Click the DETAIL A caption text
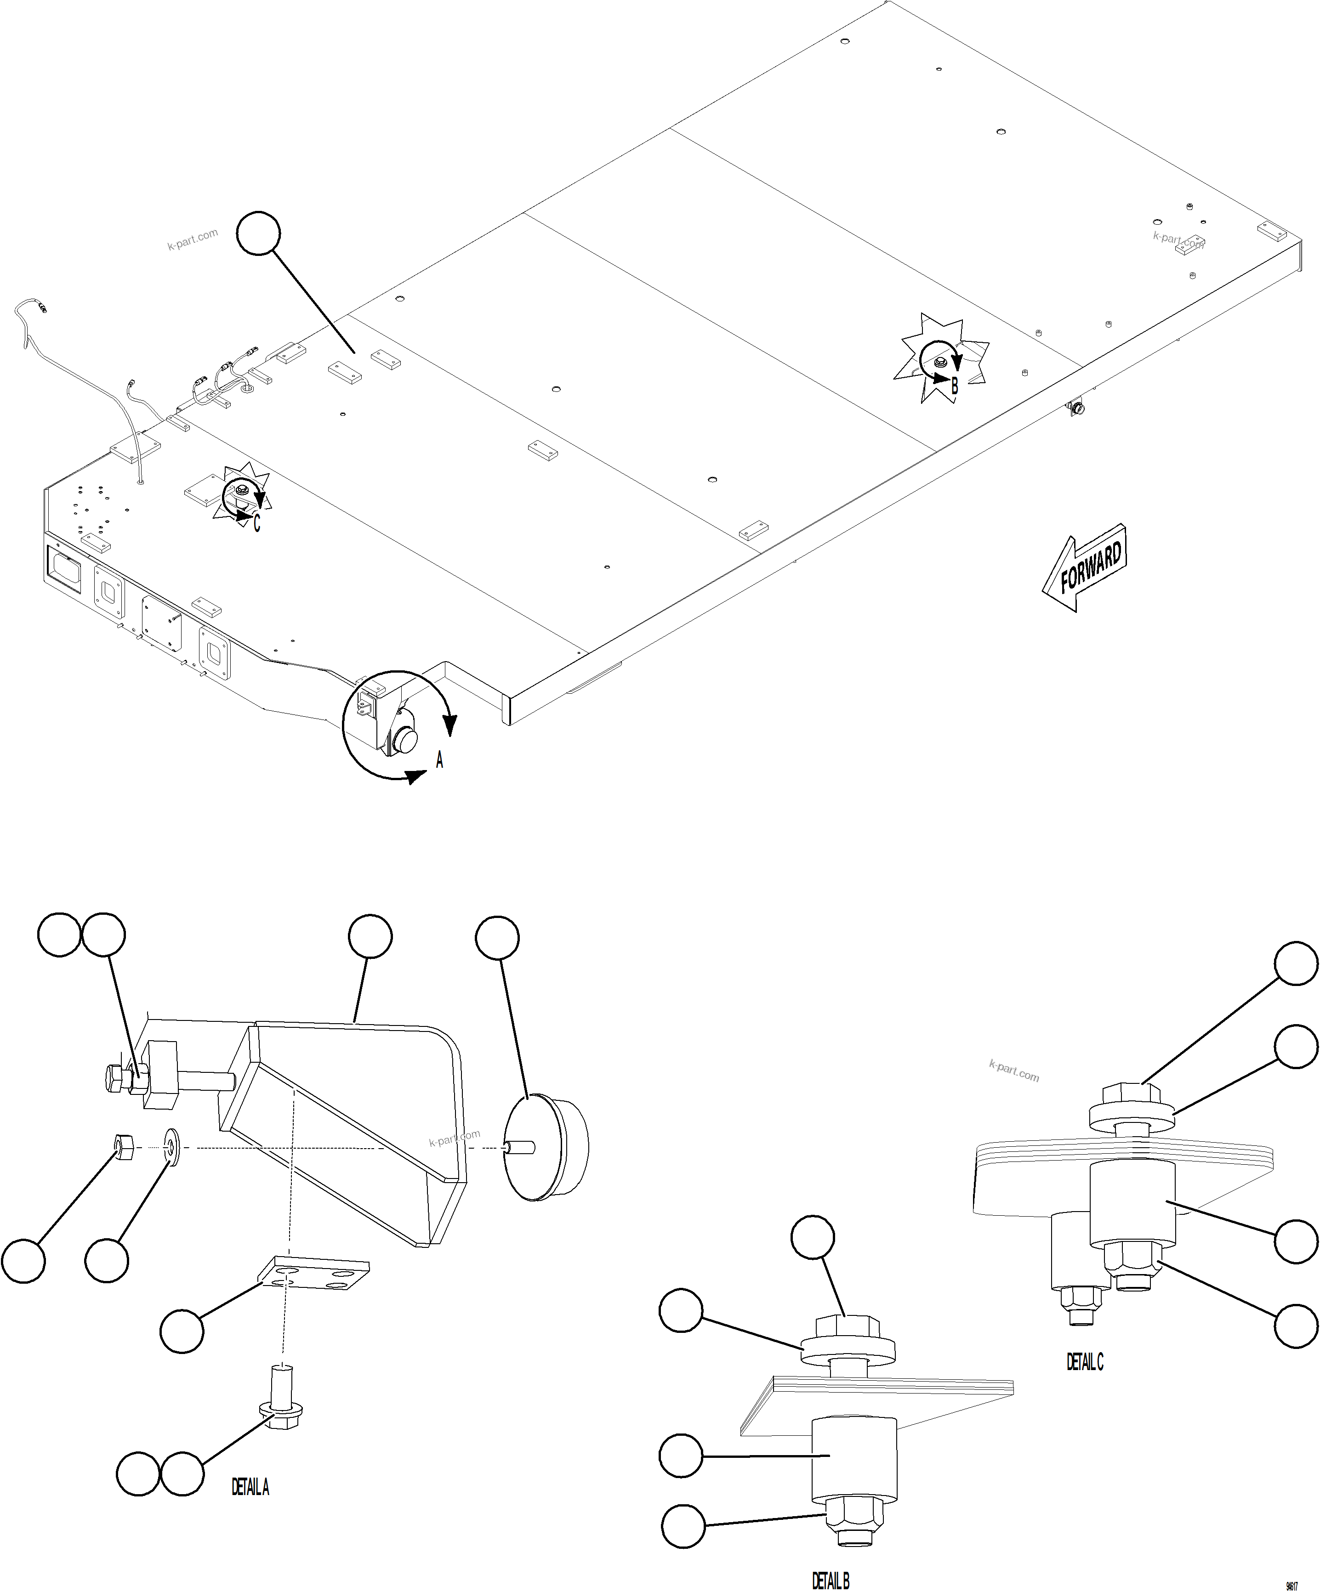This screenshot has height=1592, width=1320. (x=250, y=1487)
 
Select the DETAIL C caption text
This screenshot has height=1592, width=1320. (x=1085, y=1362)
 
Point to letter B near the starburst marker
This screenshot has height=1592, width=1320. (x=955, y=386)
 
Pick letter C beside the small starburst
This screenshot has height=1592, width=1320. (x=257, y=523)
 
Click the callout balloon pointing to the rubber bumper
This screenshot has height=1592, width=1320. (x=497, y=939)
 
